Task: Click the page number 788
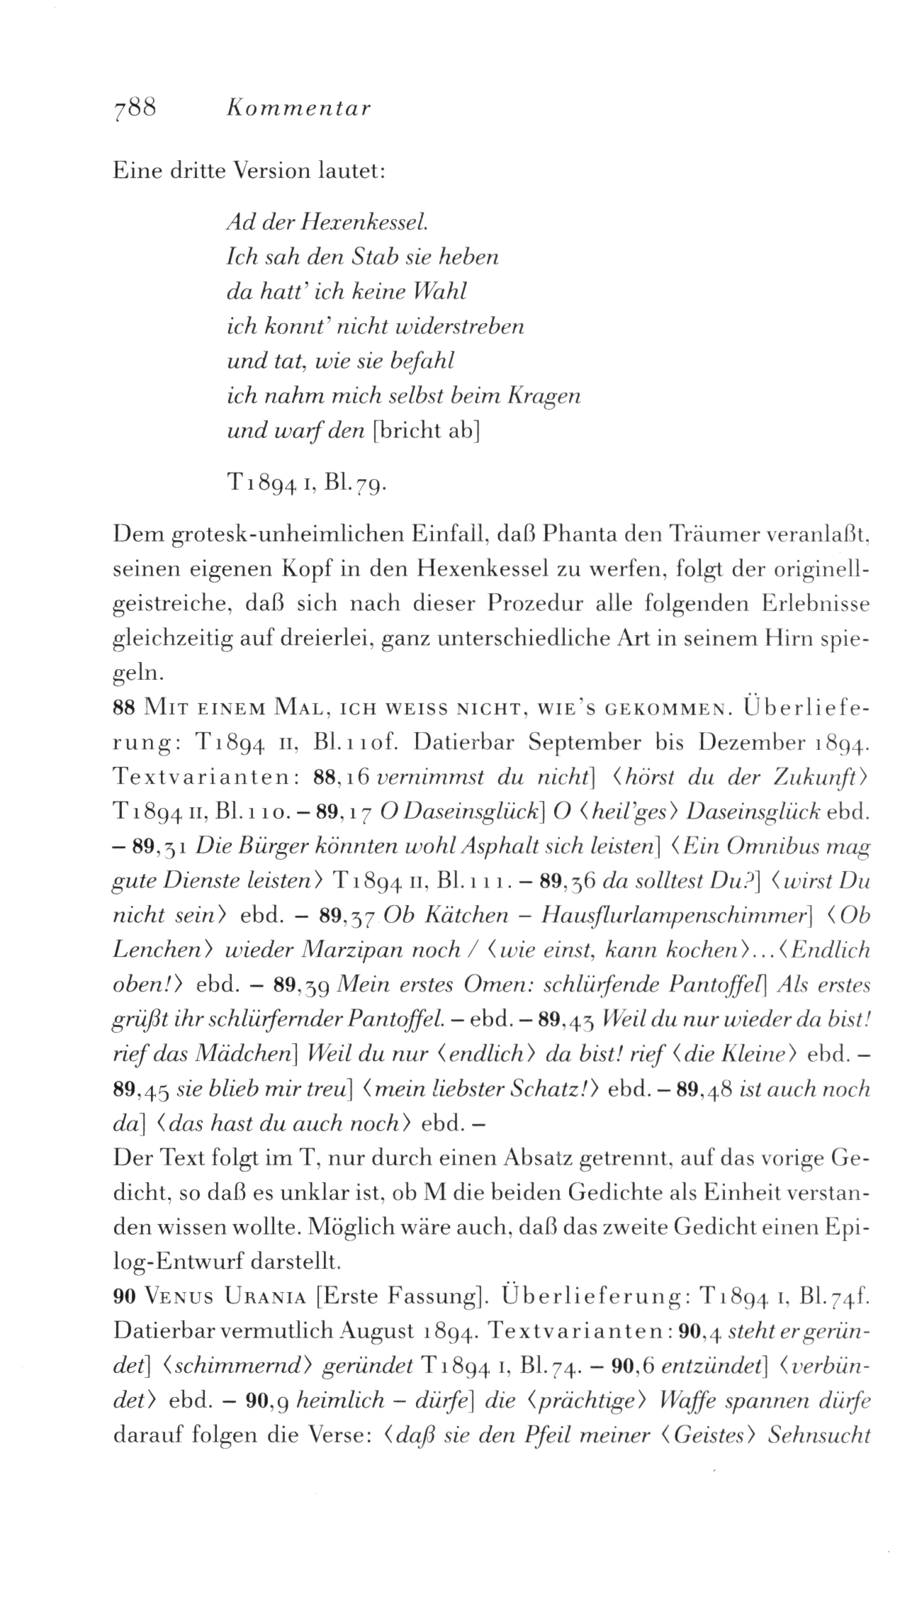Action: [134, 108]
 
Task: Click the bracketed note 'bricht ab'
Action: [427, 432]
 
